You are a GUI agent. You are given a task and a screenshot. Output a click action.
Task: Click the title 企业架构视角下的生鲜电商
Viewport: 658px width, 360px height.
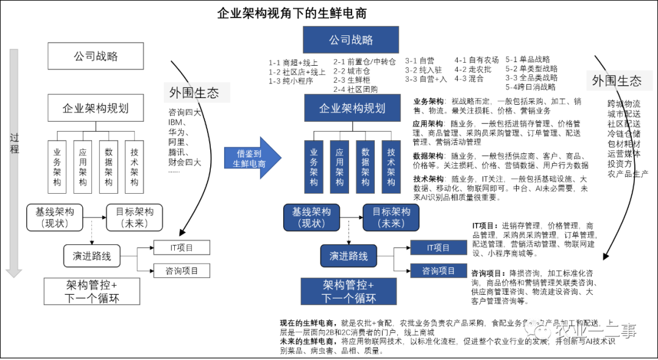[x=292, y=13]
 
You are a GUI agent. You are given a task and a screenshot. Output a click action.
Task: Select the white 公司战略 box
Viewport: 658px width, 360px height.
[x=96, y=57]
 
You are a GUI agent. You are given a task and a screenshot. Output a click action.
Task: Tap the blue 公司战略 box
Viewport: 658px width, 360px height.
[x=351, y=40]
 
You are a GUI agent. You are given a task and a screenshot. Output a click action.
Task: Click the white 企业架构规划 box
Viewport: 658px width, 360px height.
[x=96, y=109]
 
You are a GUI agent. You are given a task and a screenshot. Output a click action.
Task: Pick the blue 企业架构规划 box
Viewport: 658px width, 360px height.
[x=352, y=108]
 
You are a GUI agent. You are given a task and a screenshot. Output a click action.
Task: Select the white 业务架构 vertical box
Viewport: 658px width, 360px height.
[x=57, y=165]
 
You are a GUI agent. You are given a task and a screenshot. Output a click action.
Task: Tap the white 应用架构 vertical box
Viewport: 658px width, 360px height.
[x=83, y=165]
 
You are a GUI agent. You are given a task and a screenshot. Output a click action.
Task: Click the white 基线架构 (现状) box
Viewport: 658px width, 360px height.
[x=55, y=217]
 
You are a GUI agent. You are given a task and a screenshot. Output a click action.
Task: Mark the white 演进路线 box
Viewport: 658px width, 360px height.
[x=92, y=256]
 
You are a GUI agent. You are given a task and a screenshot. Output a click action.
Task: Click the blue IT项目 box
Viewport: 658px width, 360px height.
[x=438, y=248]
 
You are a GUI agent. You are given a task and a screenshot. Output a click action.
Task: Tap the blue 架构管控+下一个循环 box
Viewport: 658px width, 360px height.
[x=348, y=292]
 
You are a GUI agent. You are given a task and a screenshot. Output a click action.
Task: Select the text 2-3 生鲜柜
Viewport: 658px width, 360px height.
[x=351, y=80]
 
